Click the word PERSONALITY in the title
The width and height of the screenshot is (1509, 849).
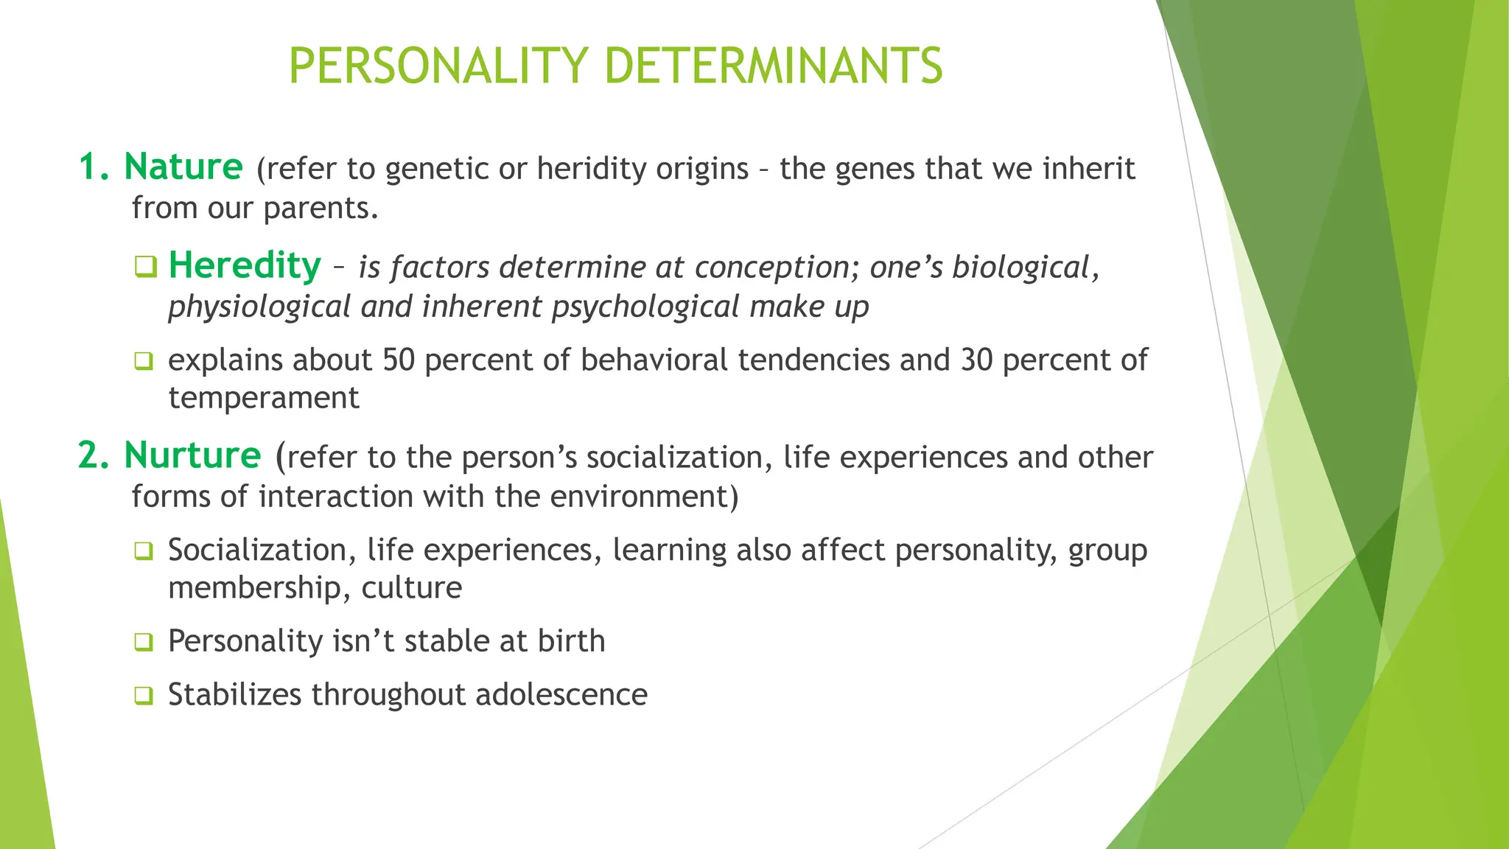pyautogui.click(x=438, y=66)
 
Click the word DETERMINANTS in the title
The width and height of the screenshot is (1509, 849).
pyautogui.click(x=773, y=66)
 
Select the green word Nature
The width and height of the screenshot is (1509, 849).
pyautogui.click(x=183, y=167)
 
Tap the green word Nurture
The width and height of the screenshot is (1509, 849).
pyautogui.click(x=192, y=455)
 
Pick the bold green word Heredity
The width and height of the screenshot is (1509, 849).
pyautogui.click(x=245, y=265)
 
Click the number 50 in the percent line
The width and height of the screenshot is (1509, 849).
pyautogui.click(x=398, y=360)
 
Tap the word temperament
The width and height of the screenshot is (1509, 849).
pyautogui.click(x=263, y=399)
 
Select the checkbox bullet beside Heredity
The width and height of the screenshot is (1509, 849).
pyautogui.click(x=145, y=267)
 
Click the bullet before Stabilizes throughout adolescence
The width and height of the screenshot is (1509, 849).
pyautogui.click(x=144, y=696)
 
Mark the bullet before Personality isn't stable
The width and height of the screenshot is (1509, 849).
pyautogui.click(x=144, y=643)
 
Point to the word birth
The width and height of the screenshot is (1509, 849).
pyautogui.click(x=571, y=641)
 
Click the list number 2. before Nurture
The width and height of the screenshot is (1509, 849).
pyautogui.click(x=94, y=456)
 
